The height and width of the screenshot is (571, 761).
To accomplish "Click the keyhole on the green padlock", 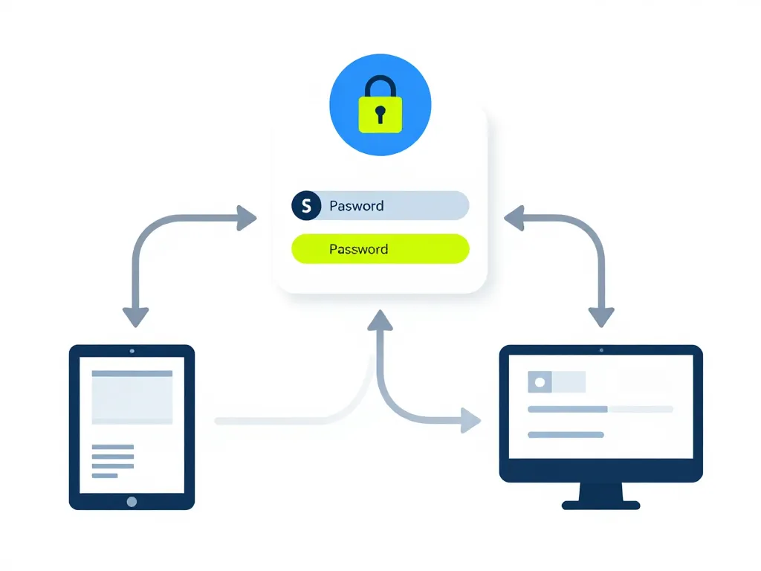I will (x=380, y=114).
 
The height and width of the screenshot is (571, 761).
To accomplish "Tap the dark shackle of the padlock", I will (x=380, y=83).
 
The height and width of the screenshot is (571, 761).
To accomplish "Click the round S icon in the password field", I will (x=306, y=205).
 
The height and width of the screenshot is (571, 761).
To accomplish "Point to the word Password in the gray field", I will (x=357, y=206).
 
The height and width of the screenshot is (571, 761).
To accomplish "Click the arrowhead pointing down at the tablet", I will (x=135, y=316).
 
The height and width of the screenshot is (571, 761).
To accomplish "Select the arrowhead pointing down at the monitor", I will (x=601, y=316).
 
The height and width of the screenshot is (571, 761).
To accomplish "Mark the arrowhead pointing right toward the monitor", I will (x=470, y=420).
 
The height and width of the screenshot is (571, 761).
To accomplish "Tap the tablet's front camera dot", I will (x=132, y=350).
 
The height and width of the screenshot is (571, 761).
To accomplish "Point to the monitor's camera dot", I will (x=600, y=349).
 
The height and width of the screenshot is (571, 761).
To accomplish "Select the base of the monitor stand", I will (x=600, y=505).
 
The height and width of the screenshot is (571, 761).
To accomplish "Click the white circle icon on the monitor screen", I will (x=540, y=382).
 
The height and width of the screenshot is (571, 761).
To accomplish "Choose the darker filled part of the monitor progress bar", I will (x=567, y=409).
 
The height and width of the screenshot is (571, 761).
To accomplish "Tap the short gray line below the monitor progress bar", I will (x=565, y=434).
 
